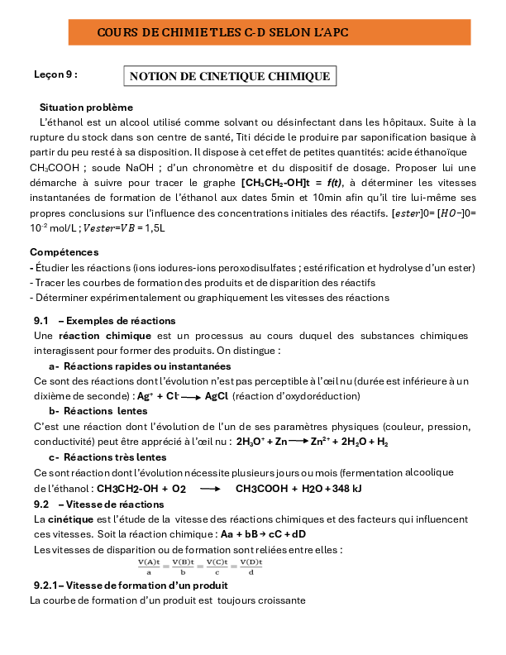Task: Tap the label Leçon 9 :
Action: (55, 74)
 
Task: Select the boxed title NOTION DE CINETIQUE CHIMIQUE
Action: (231, 77)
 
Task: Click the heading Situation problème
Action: (86, 108)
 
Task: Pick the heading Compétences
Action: (64, 251)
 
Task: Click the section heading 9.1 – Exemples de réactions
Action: (104, 321)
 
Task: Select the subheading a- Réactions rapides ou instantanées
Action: (140, 366)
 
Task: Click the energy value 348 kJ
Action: (345, 489)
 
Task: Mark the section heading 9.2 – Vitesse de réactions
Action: (98, 504)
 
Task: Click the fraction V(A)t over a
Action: (149, 566)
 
